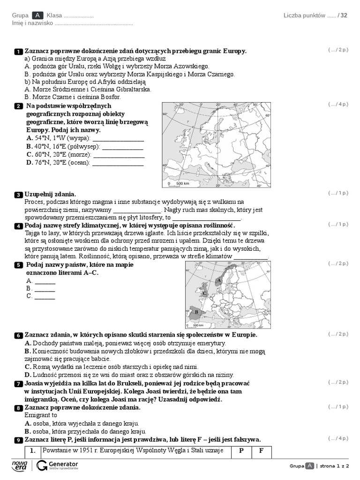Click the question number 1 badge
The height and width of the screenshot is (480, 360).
[18, 51]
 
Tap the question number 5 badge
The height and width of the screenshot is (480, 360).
[18, 265]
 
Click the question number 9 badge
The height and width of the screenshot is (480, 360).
[18, 440]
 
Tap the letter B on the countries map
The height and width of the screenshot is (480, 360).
[196, 312]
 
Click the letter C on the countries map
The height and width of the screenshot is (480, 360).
[204, 293]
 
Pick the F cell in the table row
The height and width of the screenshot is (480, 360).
[261, 451]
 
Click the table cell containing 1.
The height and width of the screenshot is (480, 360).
[32, 451]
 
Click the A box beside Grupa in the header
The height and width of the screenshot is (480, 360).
[37, 15]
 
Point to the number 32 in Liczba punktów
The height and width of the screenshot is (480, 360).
[344, 15]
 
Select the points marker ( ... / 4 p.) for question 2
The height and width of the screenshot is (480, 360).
[338, 104]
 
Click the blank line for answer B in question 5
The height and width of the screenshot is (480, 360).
[45, 288]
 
